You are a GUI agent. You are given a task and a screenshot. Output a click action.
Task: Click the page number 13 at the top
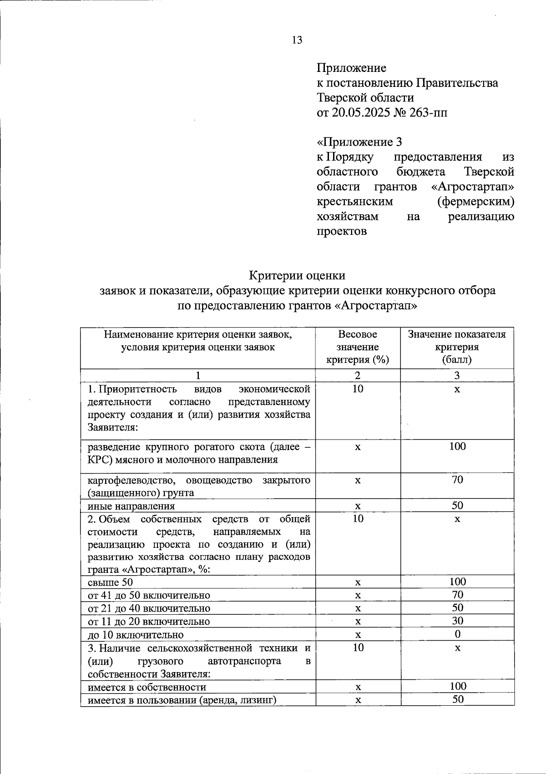tap(297, 40)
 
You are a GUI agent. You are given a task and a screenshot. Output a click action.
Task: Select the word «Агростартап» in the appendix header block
tap(472, 187)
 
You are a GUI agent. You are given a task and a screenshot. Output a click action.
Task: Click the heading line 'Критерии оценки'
tap(297, 275)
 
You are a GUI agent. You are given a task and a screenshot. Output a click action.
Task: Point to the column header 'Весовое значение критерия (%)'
tap(358, 347)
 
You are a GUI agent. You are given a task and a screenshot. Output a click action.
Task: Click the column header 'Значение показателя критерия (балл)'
tap(457, 347)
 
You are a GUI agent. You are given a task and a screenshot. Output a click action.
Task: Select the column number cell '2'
tap(358, 375)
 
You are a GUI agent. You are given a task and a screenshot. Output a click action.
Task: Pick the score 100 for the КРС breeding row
tap(457, 446)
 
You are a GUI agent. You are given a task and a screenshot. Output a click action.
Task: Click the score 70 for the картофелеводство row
tap(457, 480)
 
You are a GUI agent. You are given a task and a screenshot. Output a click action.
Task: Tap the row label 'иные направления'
tap(131, 506)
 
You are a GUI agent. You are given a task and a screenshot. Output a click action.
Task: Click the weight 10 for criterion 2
tap(358, 519)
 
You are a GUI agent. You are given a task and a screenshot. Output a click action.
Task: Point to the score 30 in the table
tap(457, 621)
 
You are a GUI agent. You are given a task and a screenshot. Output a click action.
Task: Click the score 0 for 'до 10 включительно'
tap(457, 634)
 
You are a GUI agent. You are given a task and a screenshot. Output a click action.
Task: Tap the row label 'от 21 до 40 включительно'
tap(148, 608)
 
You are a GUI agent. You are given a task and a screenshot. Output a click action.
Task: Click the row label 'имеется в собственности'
tap(147, 687)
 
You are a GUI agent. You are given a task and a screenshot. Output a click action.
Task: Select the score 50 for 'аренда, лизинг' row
tap(458, 699)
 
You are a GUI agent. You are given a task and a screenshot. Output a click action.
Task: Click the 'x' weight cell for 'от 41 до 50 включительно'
tap(358, 595)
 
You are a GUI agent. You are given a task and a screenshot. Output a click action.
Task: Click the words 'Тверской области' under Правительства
tap(365, 98)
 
